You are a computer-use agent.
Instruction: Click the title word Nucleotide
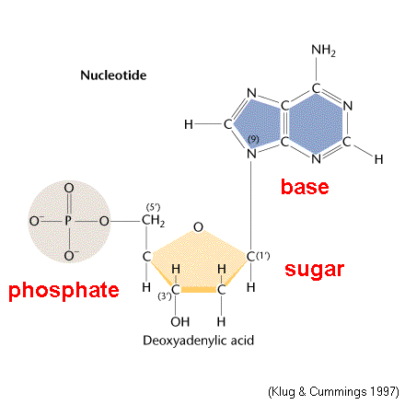pyautogui.click(x=113, y=75)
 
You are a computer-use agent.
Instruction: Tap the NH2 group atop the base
pyautogui.click(x=323, y=51)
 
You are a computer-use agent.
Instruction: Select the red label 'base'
pyautogui.click(x=305, y=187)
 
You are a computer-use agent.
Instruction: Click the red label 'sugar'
pyautogui.click(x=314, y=270)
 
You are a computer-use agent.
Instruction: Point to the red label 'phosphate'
pyautogui.click(x=64, y=291)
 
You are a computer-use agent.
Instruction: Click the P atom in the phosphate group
pyautogui.click(x=68, y=221)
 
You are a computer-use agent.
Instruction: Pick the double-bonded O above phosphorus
pyautogui.click(x=69, y=188)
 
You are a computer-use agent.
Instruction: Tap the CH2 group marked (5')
pyautogui.click(x=153, y=221)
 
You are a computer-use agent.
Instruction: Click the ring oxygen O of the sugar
pyautogui.click(x=198, y=227)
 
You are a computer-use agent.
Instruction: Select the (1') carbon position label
pyautogui.click(x=263, y=256)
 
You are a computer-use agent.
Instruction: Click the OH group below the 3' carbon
pyautogui.click(x=180, y=322)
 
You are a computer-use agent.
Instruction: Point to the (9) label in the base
pyautogui.click(x=253, y=139)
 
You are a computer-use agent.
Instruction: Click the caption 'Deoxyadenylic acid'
pyautogui.click(x=199, y=341)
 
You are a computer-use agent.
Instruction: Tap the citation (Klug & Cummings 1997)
pyautogui.click(x=333, y=392)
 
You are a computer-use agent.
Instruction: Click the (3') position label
pyautogui.click(x=165, y=296)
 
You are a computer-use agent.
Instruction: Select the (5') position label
pyautogui.click(x=153, y=207)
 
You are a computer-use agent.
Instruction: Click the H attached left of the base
pyautogui.click(x=189, y=124)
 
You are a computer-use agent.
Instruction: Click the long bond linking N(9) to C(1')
pyautogui.click(x=251, y=205)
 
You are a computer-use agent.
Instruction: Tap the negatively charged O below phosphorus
pyautogui.click(x=71, y=256)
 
